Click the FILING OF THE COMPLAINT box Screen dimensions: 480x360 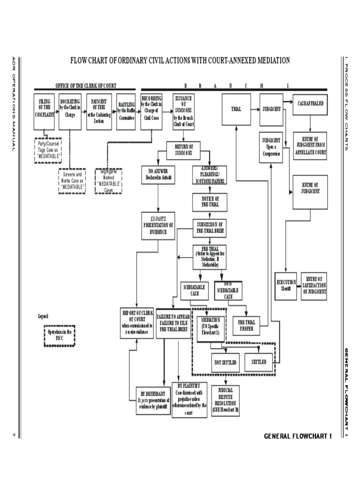click(x=45, y=112)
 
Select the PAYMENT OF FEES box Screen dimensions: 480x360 click(x=98, y=112)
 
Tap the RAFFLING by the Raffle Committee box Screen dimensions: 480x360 click(x=126, y=112)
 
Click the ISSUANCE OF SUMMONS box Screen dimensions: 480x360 click(x=183, y=112)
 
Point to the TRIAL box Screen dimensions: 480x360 click(x=236, y=109)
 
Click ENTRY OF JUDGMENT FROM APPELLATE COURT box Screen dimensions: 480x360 click(x=310, y=145)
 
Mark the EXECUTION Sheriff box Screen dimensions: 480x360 click(x=286, y=285)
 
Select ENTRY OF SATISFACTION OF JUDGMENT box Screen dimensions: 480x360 click(x=314, y=285)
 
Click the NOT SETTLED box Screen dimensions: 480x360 click(x=225, y=362)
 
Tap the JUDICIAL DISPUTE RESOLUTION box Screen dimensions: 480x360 click(x=225, y=399)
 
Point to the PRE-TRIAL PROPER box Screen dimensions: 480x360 click(x=246, y=325)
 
